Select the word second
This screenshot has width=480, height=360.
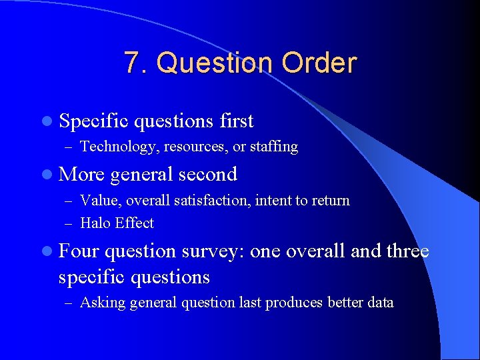pos(207,174)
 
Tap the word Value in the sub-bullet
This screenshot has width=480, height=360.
pos(97,200)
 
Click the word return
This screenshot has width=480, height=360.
pos(330,200)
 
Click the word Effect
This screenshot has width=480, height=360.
pos(135,223)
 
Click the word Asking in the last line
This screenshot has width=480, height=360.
pos(103,303)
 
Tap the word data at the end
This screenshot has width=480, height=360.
pos(381,303)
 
